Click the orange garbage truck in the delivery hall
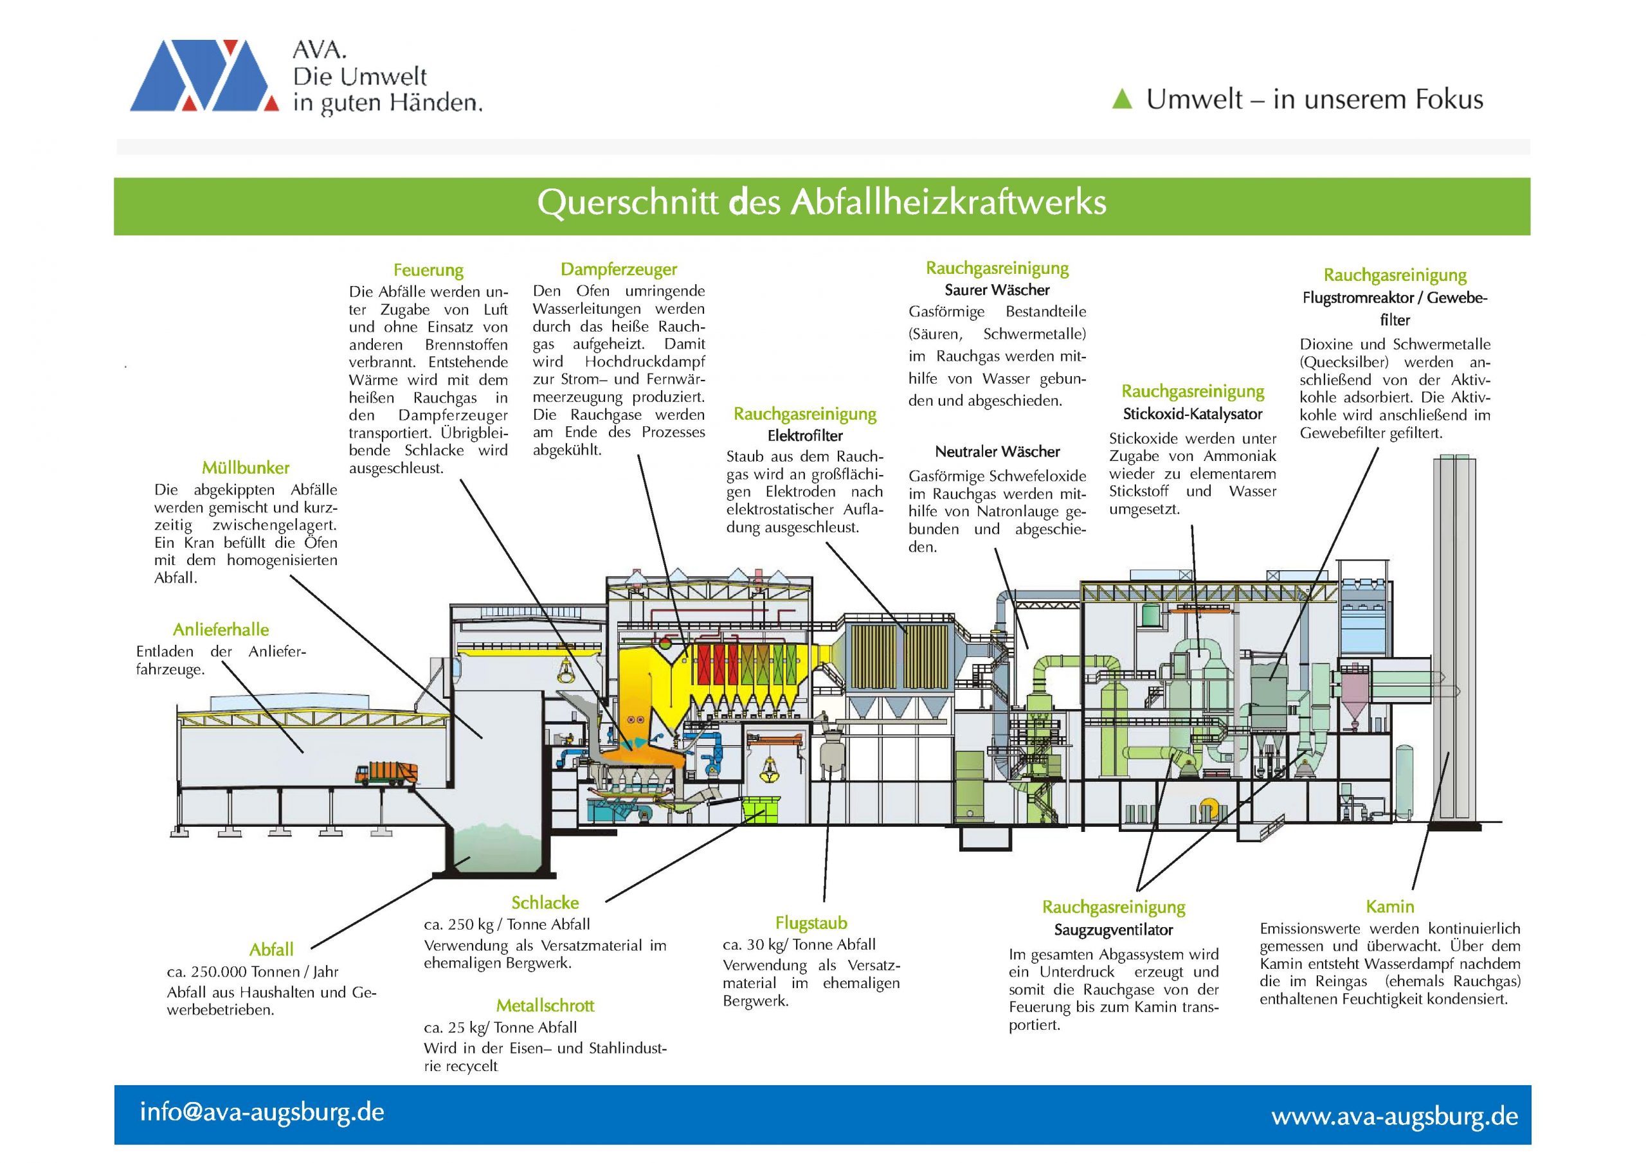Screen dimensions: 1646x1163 386,773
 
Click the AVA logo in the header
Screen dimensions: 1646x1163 204,76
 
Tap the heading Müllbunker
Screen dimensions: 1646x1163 245,468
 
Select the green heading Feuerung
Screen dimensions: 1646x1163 428,270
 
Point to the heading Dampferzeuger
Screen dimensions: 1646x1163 619,269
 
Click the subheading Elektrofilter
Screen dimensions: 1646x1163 805,436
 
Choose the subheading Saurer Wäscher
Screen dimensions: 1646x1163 997,291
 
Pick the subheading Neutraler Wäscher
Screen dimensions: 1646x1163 997,452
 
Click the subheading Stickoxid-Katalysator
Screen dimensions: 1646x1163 1192,415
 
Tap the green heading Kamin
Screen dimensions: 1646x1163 1389,906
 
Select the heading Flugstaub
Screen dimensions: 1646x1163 811,923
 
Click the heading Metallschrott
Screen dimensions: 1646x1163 545,1005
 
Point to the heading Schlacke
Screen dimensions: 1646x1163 545,903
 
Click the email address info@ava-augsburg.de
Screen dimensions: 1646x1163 262,1112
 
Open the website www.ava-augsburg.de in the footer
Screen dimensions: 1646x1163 1395,1115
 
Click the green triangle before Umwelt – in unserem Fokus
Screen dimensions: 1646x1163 1121,99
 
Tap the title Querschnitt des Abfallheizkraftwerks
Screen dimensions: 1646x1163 822,203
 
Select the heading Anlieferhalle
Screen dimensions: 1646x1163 221,629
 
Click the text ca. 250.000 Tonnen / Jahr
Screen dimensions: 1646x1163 252,972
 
